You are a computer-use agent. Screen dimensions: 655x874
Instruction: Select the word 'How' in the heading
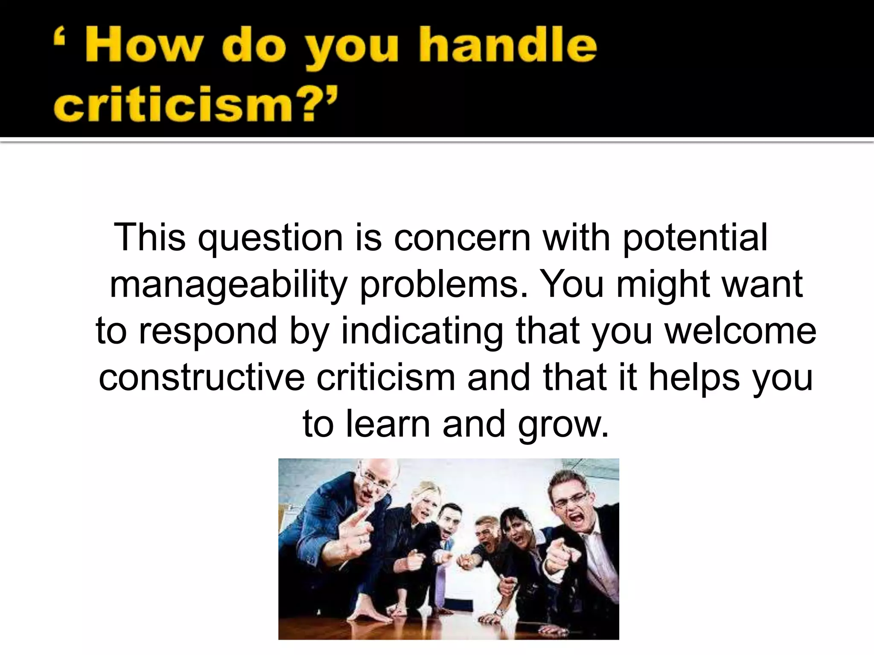[x=143, y=50]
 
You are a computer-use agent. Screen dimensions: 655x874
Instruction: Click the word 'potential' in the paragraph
[x=695, y=237]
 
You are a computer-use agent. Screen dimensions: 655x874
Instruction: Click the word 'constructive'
[x=202, y=377]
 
